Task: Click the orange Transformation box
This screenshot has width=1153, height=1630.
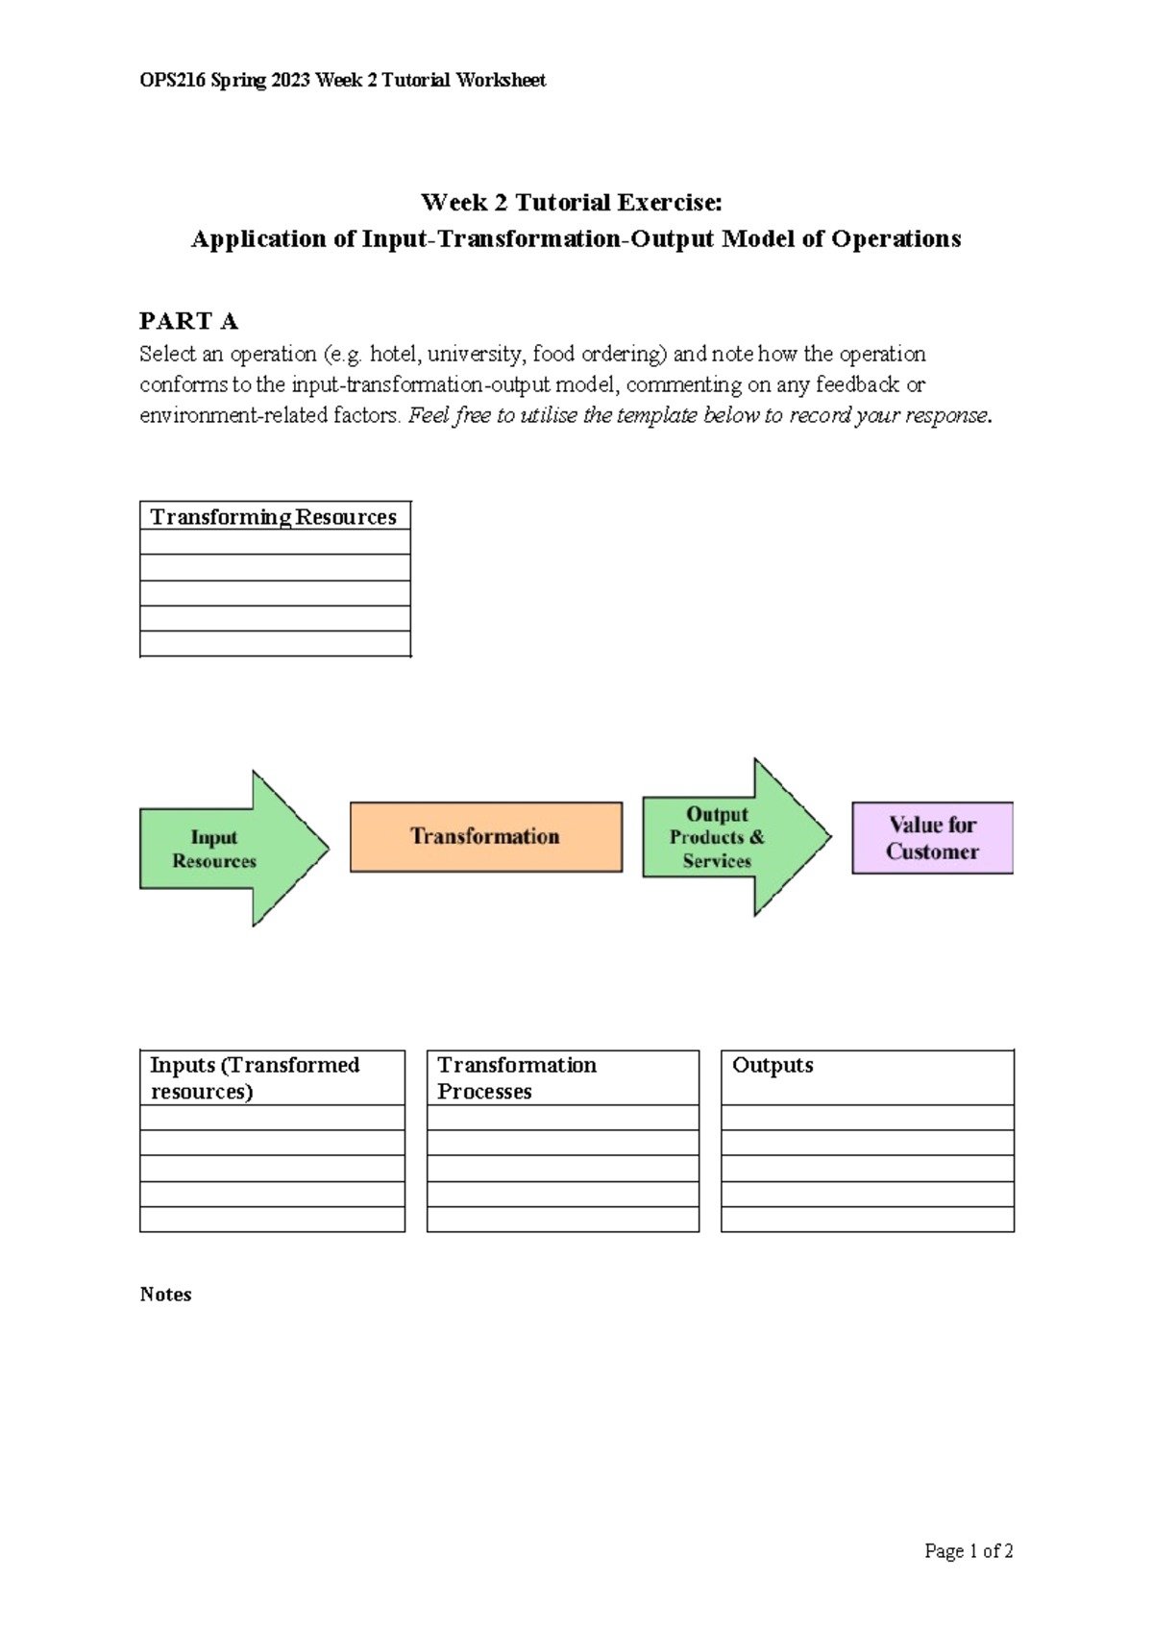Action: pyautogui.click(x=485, y=837)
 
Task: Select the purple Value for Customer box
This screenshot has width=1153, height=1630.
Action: pyautogui.click(x=932, y=838)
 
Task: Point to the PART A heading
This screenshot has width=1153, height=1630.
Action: pyautogui.click(x=188, y=321)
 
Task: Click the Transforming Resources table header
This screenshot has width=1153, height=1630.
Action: pyautogui.click(x=274, y=517)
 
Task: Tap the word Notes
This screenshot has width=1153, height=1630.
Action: pyautogui.click(x=165, y=1295)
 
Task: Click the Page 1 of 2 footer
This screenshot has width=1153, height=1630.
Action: pyautogui.click(x=968, y=1550)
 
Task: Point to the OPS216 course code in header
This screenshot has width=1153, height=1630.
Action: pyautogui.click(x=172, y=81)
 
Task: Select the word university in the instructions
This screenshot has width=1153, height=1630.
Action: pyautogui.click(x=475, y=355)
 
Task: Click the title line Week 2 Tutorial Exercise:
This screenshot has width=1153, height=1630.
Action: pyautogui.click(x=571, y=203)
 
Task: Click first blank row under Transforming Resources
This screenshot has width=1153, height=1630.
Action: pyautogui.click(x=275, y=542)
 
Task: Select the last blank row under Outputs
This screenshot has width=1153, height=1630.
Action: pyautogui.click(x=867, y=1220)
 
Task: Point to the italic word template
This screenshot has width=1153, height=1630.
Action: pyautogui.click(x=656, y=416)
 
